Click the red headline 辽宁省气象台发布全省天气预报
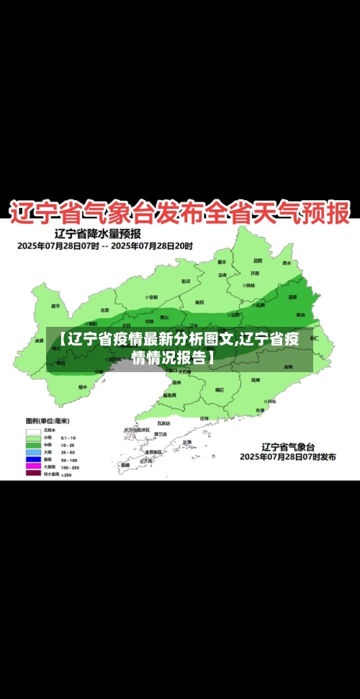pos(179,212)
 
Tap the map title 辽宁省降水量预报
pos(98,233)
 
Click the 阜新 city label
pos(153,297)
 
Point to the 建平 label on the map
pos(55,306)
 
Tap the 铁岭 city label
pos(249,285)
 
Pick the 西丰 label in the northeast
pos(286,263)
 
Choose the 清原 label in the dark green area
pos(292,297)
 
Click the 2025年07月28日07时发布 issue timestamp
pos(287,456)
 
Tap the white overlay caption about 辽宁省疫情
pos(179,348)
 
